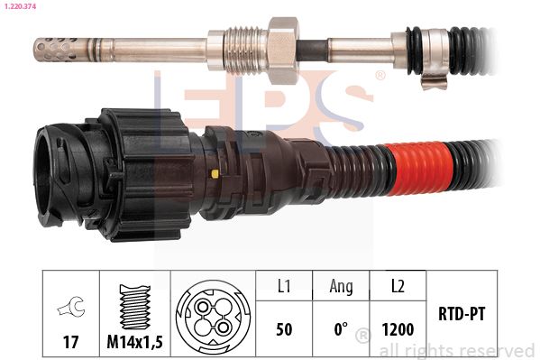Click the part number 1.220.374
coord(20,6)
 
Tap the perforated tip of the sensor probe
coord(56,50)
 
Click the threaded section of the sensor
coord(245,50)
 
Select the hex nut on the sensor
coord(283,50)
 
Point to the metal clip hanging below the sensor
coord(434,82)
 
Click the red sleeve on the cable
coord(416,169)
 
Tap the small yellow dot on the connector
coord(215,174)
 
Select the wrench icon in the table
coord(71,307)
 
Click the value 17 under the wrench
coord(70,342)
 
